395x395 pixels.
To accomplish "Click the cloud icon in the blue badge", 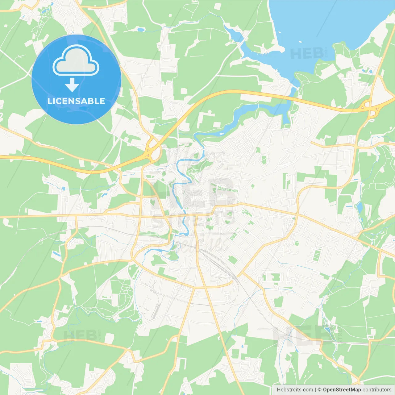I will tap(76, 60).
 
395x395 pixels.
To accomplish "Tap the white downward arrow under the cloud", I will tap(72, 85).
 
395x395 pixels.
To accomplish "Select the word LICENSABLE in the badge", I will tap(76, 101).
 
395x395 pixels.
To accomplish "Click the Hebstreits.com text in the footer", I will tap(295, 389).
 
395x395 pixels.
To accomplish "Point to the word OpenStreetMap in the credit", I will tap(342, 389).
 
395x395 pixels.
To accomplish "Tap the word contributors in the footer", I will tap(377, 389).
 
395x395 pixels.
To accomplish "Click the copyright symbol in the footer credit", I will tap(319, 389).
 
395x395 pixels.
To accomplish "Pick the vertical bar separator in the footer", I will tap(315, 389).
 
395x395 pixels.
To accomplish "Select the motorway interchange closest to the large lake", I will tap(370, 106).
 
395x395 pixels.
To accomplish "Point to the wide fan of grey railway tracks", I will tap(222, 265).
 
